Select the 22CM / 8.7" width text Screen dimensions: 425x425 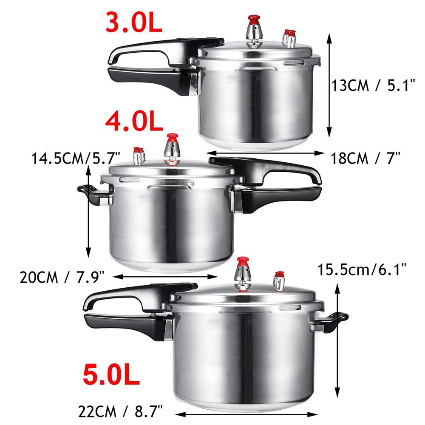click(121, 411)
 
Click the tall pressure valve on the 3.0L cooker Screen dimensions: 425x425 click(255, 32)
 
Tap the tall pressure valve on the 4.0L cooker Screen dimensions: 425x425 click(172, 149)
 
